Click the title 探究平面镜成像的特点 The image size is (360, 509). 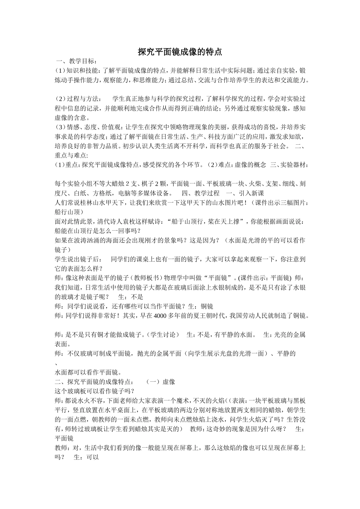[x=180, y=52]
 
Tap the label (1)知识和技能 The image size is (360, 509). [x=76, y=70]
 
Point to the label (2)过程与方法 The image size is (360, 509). [x=76, y=99]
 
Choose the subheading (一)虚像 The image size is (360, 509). [x=161, y=382]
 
